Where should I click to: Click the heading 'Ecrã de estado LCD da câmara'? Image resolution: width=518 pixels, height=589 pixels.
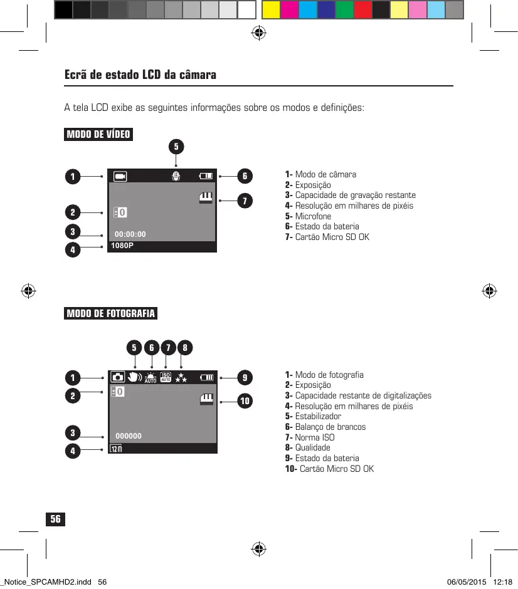(140, 75)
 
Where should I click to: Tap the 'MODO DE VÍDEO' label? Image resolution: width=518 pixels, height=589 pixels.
(98, 135)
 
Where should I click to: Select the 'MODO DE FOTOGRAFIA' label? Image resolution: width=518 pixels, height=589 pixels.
(111, 313)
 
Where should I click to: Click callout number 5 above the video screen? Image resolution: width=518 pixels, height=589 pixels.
(176, 147)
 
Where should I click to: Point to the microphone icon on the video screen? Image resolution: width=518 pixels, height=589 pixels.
(176, 177)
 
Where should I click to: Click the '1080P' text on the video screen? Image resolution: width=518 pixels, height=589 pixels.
(122, 246)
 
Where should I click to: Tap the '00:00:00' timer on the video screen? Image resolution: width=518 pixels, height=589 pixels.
(130, 234)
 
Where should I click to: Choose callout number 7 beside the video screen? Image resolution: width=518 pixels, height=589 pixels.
(245, 201)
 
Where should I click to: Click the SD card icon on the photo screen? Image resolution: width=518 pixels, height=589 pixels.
(206, 399)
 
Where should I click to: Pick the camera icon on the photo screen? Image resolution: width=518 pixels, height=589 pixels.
(118, 377)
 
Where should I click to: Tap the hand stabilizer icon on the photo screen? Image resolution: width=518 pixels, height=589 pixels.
(134, 377)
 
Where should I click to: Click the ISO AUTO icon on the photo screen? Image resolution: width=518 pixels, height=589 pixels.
(166, 377)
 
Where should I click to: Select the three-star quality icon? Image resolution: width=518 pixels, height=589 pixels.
(181, 377)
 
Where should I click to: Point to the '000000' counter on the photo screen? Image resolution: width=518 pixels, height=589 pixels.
(129, 436)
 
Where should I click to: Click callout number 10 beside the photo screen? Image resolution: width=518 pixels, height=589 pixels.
(245, 400)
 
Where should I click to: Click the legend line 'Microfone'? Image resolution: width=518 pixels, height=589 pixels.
(313, 216)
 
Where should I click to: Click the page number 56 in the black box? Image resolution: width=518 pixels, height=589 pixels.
(56, 519)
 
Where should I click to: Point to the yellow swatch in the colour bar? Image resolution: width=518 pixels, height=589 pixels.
(270, 9)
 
